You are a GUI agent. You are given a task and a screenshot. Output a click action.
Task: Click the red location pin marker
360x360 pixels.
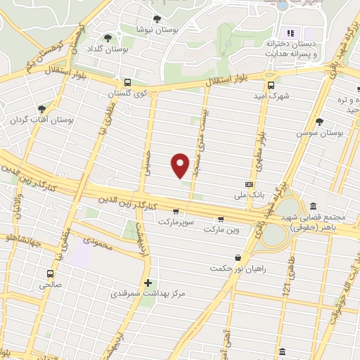tap(181, 165)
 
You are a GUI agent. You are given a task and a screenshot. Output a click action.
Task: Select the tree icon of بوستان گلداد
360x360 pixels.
tap(108, 38)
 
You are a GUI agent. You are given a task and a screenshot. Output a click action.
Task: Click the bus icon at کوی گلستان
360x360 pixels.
tap(127, 82)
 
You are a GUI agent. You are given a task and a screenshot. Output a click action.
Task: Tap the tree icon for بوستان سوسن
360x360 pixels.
tap(320, 121)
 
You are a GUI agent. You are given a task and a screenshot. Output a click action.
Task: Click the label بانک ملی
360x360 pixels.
tap(251, 195)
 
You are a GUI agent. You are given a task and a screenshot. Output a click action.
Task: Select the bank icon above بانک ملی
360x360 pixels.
tap(247, 183)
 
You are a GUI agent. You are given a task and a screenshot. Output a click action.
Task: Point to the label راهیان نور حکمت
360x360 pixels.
tap(238, 269)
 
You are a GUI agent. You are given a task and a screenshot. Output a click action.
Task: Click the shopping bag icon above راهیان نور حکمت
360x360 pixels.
tap(238, 257)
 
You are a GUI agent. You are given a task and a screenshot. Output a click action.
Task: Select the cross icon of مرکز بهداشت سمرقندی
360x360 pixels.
tap(147, 283)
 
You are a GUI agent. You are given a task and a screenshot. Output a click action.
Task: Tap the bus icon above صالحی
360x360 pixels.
tap(50, 274)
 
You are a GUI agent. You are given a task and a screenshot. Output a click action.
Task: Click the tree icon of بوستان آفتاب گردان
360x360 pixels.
tap(41, 108)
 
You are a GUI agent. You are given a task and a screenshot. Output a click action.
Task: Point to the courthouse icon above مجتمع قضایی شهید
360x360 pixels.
tap(312, 206)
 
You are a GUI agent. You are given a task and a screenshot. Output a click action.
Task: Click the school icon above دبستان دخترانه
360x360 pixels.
tap(290, 33)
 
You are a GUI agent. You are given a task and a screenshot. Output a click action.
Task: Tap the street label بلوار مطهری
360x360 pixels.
tap(260, 140)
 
